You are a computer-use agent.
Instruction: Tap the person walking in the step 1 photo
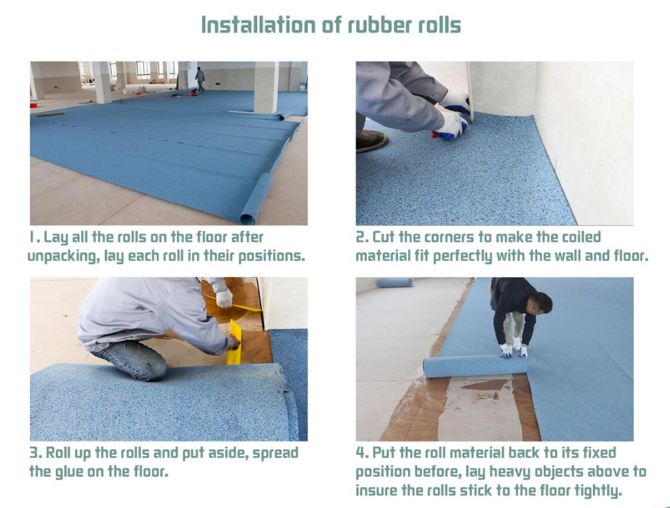point(199,79)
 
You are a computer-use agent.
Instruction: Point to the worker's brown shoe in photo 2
point(372,141)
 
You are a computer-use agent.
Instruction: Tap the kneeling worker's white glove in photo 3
point(224,297)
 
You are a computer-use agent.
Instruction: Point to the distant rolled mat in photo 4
point(395,282)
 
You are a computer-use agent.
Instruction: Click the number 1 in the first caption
point(32,237)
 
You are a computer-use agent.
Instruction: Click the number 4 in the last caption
point(360,453)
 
